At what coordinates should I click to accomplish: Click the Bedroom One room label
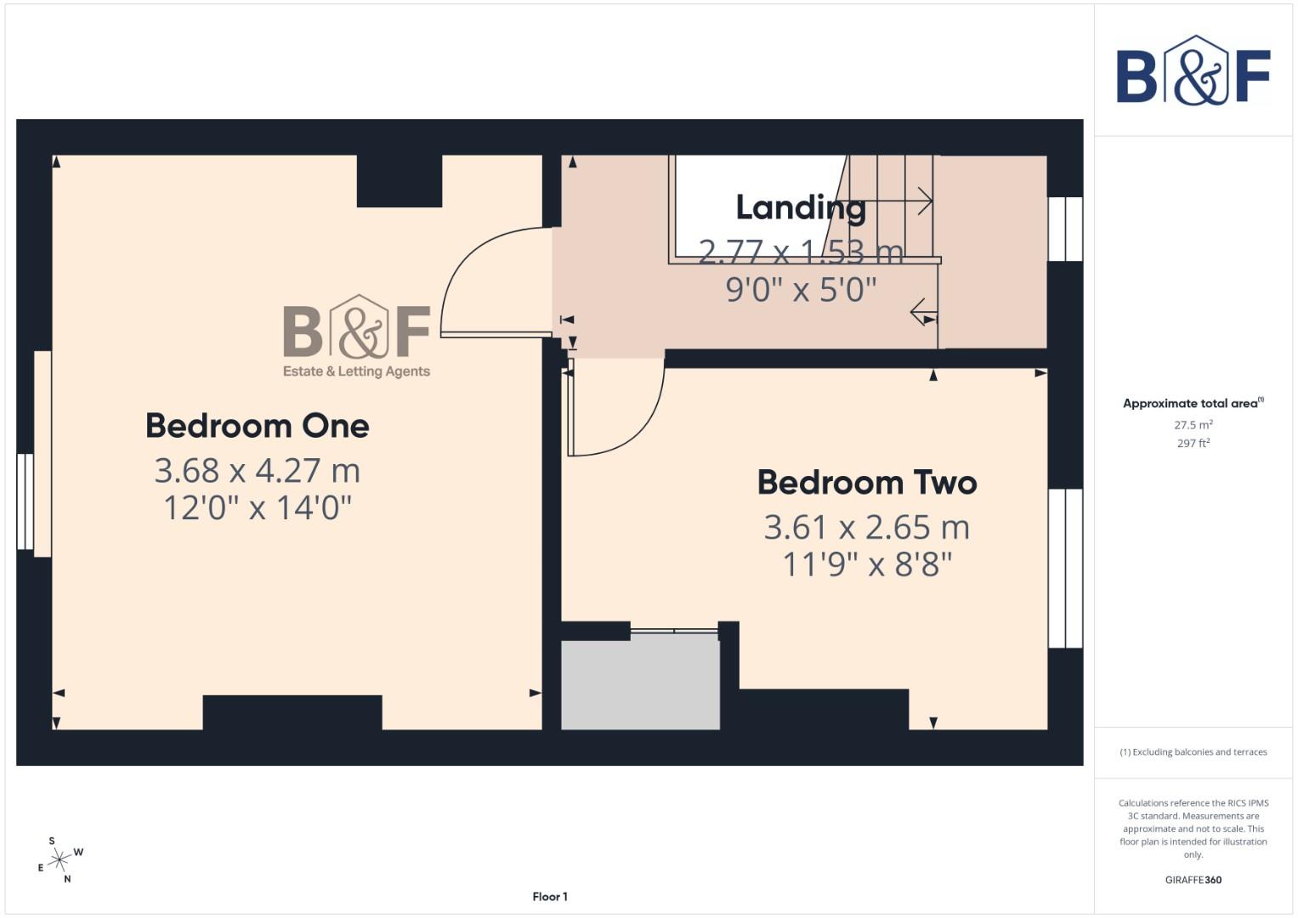point(257,426)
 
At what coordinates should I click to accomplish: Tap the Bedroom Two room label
point(867,483)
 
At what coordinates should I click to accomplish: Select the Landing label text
point(800,207)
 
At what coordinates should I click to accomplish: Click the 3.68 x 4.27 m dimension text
point(257,470)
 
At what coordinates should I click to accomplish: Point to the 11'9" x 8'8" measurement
point(867,564)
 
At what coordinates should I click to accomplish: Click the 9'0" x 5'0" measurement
point(800,290)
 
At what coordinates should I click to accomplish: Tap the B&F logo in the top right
point(1193,72)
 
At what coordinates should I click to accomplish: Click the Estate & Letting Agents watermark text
point(356,371)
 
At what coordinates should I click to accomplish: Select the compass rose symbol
point(59,860)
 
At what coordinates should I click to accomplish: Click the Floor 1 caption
point(550,897)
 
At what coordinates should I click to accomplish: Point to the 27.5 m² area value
point(1193,425)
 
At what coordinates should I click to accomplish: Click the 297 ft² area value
point(1193,444)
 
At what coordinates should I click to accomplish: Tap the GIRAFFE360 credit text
point(1193,881)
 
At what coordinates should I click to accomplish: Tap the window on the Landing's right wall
point(1065,229)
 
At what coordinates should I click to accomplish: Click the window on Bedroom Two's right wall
point(1065,568)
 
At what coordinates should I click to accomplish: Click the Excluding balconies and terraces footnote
point(1193,752)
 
